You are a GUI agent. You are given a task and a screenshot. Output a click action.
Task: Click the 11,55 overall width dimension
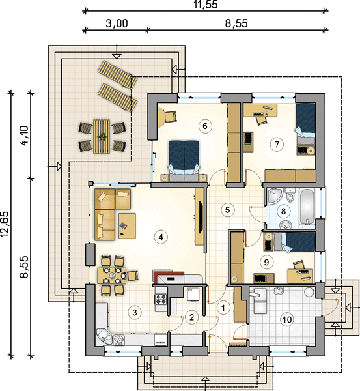[206, 5]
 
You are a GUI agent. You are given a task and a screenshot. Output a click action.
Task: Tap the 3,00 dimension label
[117, 23]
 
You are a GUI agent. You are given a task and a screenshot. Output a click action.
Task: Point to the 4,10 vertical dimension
[25, 136]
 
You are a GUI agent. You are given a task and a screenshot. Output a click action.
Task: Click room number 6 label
[205, 126]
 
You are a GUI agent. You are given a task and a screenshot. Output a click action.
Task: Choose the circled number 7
[277, 144]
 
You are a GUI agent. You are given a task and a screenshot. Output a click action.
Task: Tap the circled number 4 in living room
[161, 237]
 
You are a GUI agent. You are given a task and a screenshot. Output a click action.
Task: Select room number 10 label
[287, 319]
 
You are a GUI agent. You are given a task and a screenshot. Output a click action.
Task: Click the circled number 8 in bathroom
[283, 211]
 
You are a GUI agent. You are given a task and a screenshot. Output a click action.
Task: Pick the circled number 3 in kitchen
[135, 312]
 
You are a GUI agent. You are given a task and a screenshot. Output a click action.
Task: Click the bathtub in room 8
[307, 207]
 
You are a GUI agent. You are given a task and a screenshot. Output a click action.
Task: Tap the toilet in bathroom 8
[290, 195]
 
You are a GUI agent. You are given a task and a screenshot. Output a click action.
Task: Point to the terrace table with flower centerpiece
[102, 136]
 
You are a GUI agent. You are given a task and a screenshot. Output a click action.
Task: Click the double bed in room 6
[184, 160]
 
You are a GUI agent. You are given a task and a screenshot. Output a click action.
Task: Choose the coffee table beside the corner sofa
[127, 226]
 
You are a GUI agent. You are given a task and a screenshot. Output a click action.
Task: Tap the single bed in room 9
[294, 241]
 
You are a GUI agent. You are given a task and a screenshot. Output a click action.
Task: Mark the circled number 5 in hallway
[227, 210]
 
